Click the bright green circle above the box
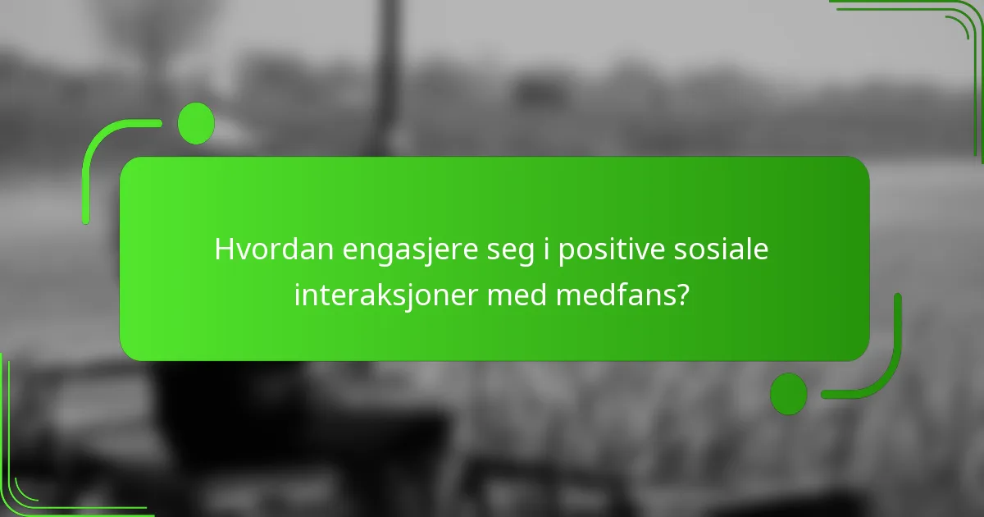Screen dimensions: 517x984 coord(196,123)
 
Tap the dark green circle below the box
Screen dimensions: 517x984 coord(789,393)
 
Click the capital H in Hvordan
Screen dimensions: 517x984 coord(224,249)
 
